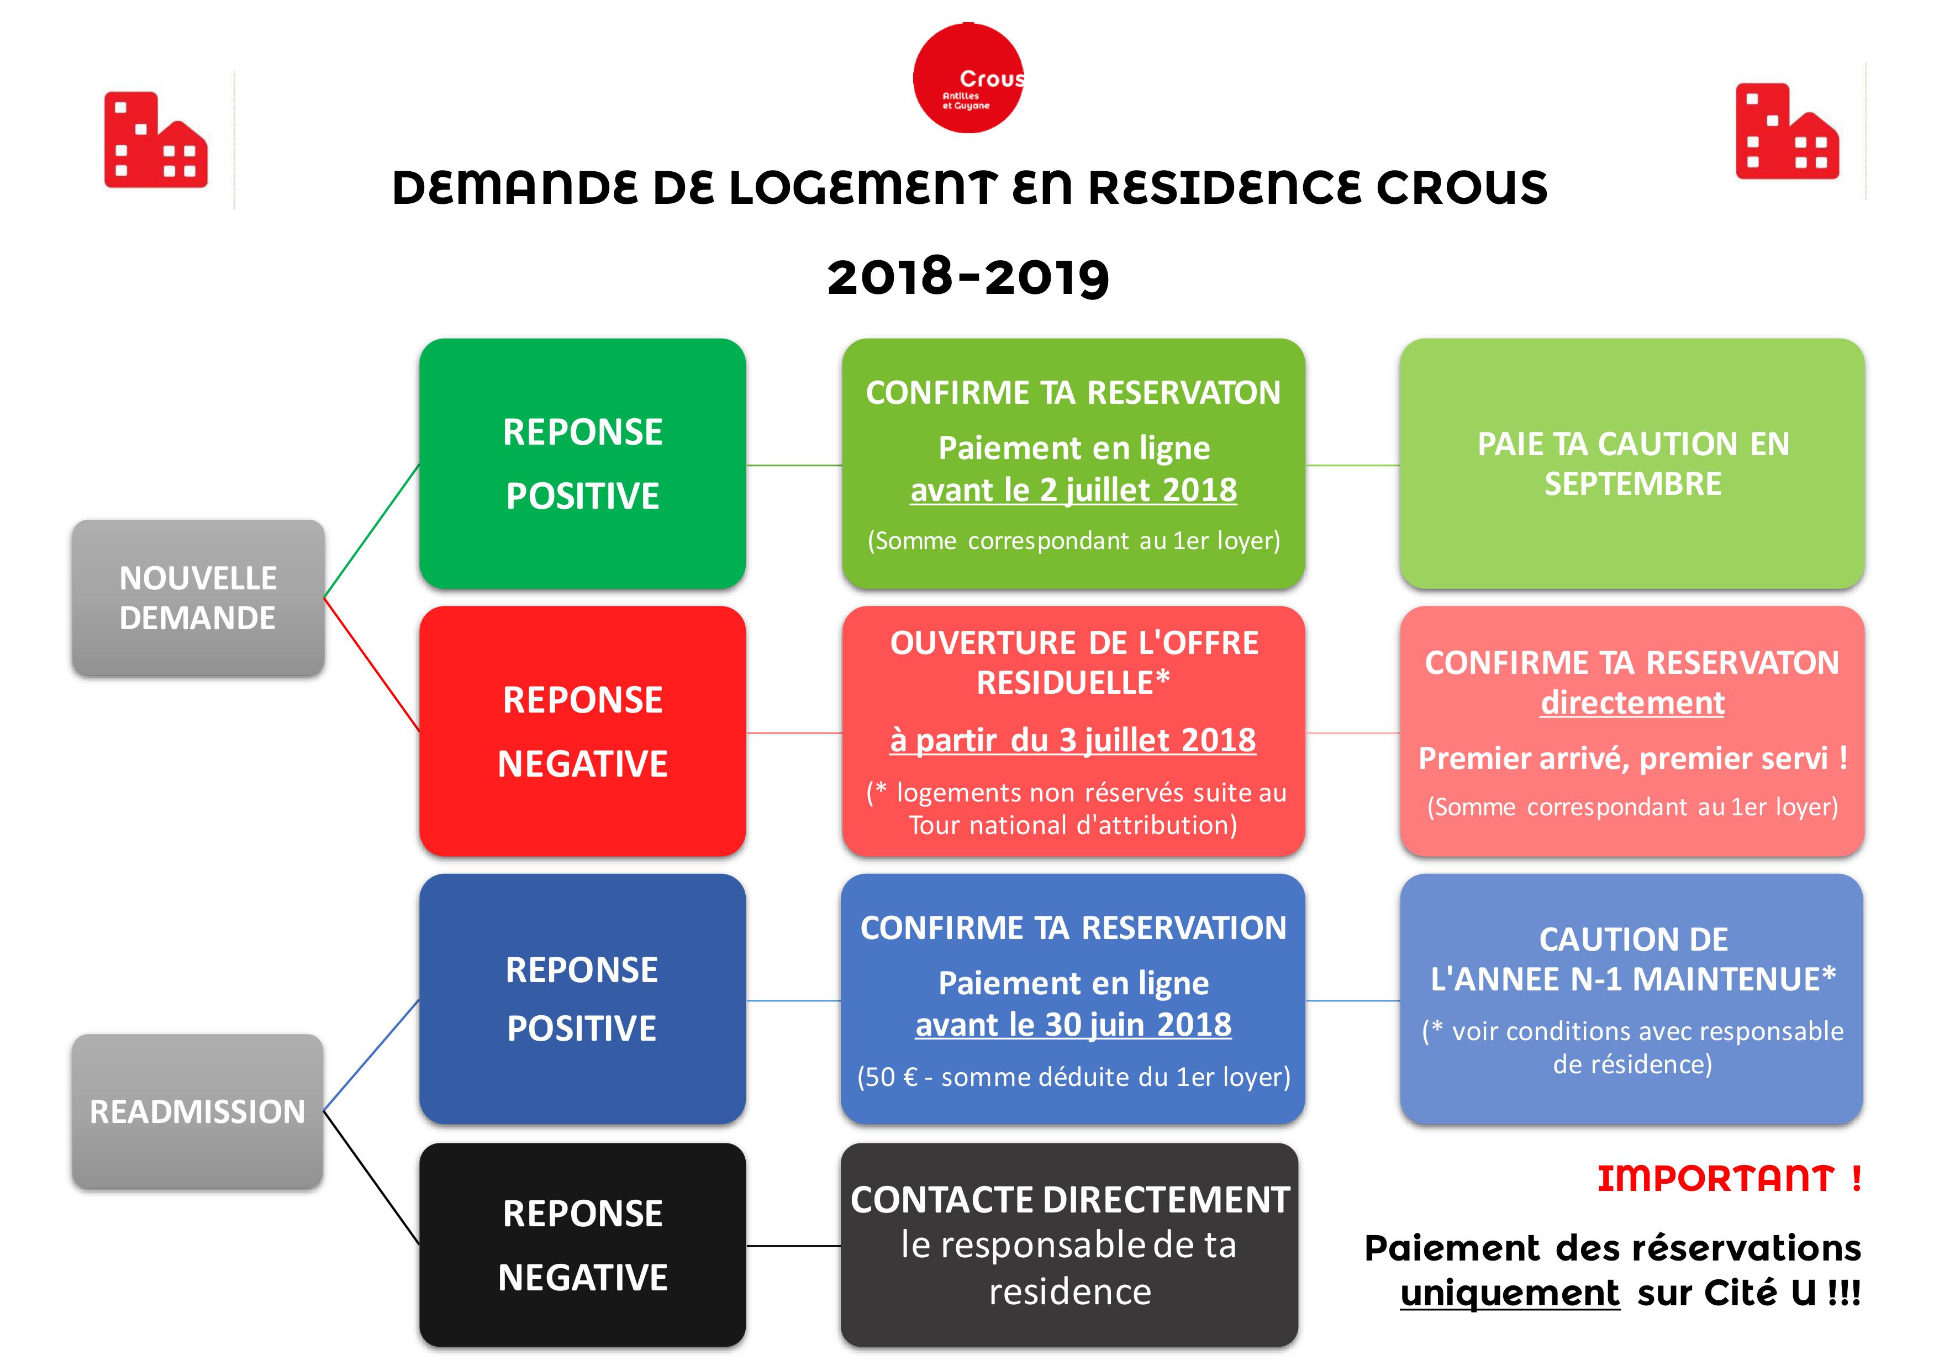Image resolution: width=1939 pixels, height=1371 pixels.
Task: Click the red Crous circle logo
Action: (968, 78)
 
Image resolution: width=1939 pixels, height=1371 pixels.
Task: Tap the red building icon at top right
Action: (1787, 131)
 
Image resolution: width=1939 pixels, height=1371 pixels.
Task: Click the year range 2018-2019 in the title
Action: (968, 277)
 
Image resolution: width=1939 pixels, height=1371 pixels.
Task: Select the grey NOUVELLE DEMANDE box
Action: (198, 598)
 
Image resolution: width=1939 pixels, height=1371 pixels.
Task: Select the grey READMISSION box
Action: (198, 1111)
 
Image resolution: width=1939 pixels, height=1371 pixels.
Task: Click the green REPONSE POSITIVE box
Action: (583, 463)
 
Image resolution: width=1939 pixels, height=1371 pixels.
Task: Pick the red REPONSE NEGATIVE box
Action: (583, 731)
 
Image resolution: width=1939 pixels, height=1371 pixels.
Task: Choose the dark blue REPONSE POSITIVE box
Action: (583, 999)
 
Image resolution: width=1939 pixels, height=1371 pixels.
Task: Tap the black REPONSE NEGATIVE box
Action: (583, 1245)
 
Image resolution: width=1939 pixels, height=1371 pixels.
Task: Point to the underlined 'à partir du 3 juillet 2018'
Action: (1073, 740)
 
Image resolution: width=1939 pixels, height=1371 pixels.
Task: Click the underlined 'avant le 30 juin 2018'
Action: (1073, 1025)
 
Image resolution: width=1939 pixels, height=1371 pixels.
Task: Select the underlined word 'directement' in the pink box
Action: (1632, 703)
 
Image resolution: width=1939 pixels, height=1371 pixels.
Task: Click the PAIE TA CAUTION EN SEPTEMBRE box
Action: (1632, 463)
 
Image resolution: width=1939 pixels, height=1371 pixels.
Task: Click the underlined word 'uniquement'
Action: (1510, 1293)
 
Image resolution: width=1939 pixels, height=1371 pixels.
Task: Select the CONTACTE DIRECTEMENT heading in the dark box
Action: (1070, 1200)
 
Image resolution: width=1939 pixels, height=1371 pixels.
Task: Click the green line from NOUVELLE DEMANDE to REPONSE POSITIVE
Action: (372, 531)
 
